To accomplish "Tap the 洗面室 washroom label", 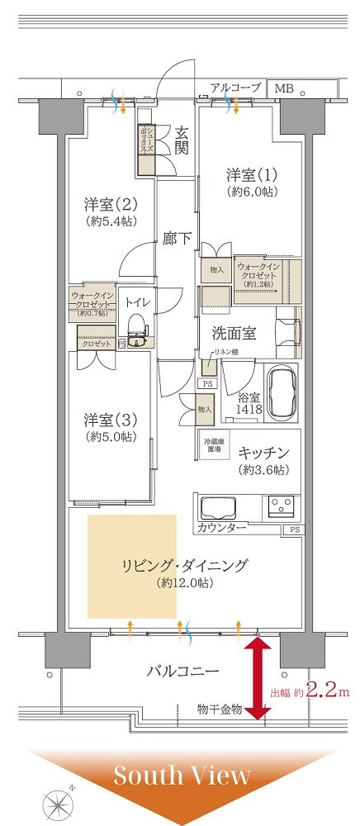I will pos(233,335).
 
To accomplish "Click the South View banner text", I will pos(182,776).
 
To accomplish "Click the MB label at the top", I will pos(283,88).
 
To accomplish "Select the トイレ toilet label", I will pos(136,301).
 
